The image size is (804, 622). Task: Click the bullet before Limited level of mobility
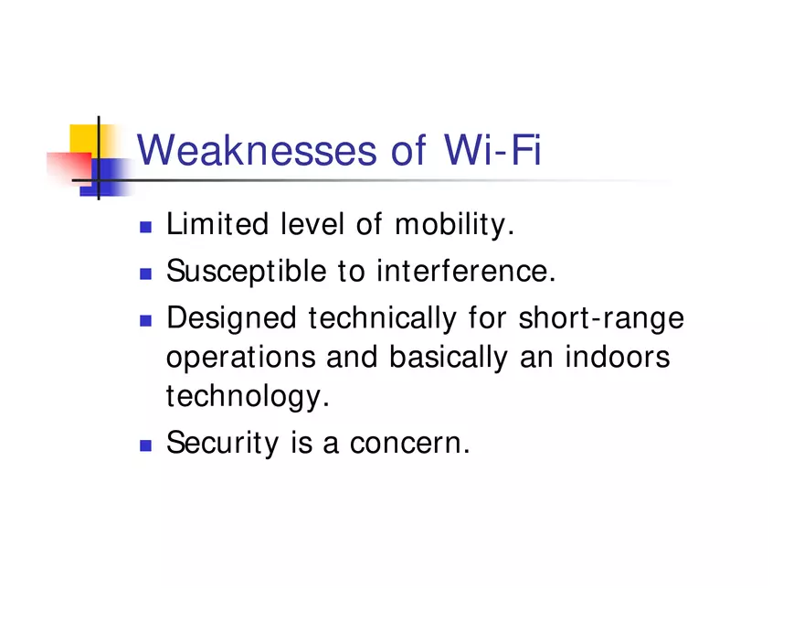click(145, 226)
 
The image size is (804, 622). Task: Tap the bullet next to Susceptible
click(145, 273)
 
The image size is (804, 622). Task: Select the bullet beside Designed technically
click(145, 320)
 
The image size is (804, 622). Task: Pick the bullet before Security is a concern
click(145, 445)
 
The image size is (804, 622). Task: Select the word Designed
click(232, 318)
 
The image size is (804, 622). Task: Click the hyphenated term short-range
click(601, 319)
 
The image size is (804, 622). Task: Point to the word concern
click(409, 445)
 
